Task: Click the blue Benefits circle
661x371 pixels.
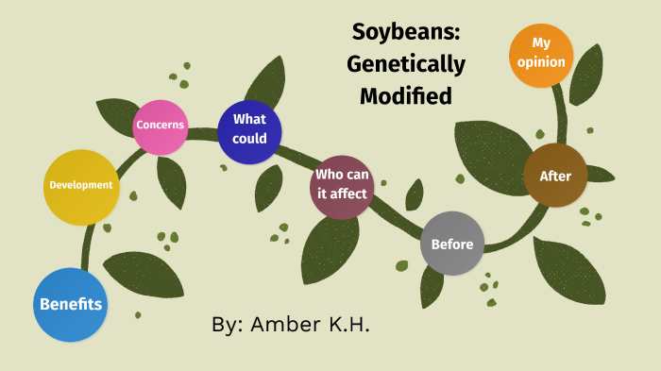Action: point(71,304)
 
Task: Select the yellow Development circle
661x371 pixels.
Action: point(81,186)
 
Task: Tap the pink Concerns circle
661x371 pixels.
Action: point(160,126)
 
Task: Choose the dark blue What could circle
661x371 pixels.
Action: point(249,130)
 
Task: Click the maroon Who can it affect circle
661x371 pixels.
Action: point(342,186)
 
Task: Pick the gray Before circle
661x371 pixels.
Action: point(451,245)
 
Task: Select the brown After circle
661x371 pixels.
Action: point(554,176)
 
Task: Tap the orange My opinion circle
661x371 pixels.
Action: point(541,55)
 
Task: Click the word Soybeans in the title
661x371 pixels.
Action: point(406,31)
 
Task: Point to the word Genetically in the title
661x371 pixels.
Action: point(406,64)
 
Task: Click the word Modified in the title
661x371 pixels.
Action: point(406,95)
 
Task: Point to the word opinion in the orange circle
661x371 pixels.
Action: point(541,62)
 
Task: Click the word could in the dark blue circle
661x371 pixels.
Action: point(249,139)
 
